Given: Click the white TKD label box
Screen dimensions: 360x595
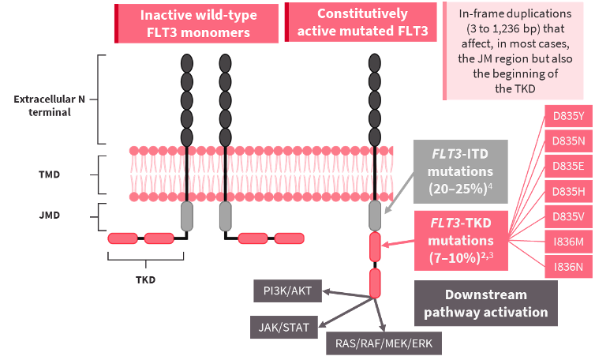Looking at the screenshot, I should [146, 279].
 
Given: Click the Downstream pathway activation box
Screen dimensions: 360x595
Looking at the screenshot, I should [485, 303].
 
